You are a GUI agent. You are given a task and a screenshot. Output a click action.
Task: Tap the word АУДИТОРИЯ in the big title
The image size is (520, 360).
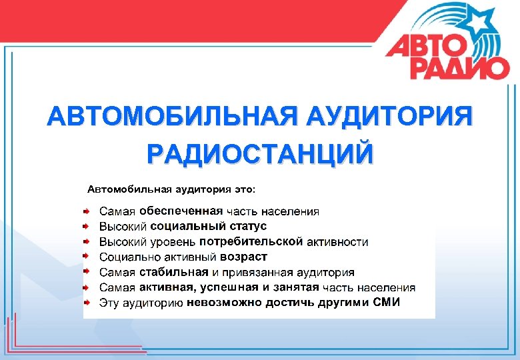click(x=388, y=116)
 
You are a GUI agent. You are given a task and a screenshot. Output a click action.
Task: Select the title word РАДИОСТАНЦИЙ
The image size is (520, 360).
click(x=260, y=153)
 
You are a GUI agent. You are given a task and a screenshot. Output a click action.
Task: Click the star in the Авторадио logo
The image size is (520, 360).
click(x=479, y=22)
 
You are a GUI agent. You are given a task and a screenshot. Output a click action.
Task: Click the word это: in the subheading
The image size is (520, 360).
click(x=251, y=189)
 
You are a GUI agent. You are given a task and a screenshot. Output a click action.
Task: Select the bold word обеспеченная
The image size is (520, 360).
click(x=181, y=211)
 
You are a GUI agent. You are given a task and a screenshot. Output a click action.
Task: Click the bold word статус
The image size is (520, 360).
click(x=248, y=226)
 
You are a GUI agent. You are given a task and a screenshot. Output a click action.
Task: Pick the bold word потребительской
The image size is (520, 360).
click(x=251, y=241)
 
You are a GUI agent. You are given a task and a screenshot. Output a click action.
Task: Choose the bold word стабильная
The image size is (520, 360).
click(x=174, y=272)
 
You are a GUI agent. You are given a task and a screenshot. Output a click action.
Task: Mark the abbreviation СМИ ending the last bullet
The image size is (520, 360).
click(x=387, y=303)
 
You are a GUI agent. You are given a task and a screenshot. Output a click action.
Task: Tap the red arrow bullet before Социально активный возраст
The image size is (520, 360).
click(x=87, y=256)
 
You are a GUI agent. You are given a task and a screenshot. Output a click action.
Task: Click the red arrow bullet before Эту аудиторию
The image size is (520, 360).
click(x=87, y=302)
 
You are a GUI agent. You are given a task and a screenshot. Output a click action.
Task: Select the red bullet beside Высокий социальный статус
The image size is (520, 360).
click(x=87, y=225)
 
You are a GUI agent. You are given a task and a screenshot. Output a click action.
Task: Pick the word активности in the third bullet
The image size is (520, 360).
click(x=337, y=241)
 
